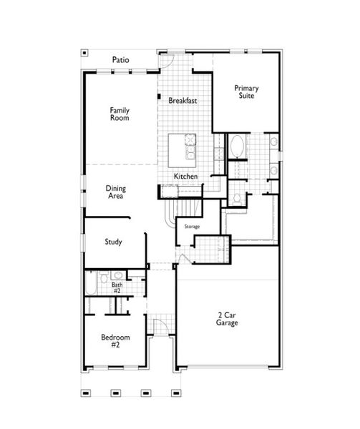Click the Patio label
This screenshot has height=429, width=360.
(120, 59)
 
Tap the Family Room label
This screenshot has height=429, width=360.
(120, 114)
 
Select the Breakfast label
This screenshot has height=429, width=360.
(183, 101)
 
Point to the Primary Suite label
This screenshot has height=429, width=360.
(246, 92)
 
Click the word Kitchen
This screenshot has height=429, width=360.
(186, 177)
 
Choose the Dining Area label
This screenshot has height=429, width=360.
(116, 192)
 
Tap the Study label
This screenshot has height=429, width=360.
(113, 242)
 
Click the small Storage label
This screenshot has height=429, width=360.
(192, 227)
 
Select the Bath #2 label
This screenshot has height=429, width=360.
(117, 288)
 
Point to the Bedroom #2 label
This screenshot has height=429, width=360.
(115, 340)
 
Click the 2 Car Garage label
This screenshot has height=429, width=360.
(227, 319)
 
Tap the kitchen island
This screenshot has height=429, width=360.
(185, 149)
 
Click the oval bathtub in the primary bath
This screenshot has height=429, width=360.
(237, 148)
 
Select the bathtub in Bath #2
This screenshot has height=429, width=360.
(90, 285)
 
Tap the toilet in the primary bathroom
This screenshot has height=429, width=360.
(236, 198)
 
